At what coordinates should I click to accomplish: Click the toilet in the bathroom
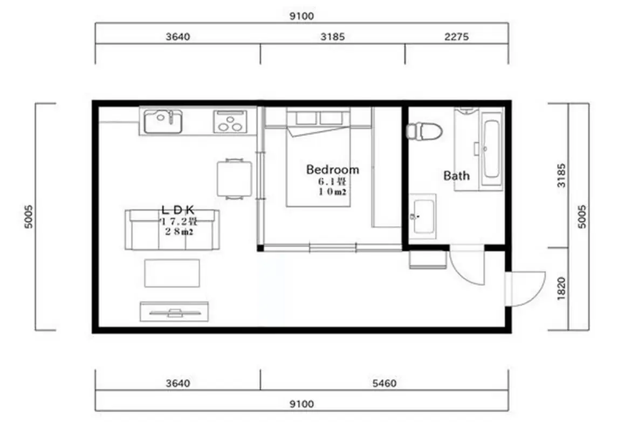424,131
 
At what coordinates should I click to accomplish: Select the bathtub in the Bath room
491,148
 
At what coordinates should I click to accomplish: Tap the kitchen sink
163,121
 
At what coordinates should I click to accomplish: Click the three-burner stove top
230,121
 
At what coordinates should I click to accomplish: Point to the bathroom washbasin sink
422,216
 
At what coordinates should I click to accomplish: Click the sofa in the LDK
172,230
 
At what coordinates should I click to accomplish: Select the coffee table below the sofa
172,273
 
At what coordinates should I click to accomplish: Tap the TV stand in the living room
174,311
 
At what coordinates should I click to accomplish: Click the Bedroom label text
332,169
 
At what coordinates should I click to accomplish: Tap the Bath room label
456,175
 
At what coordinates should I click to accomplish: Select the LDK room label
178,209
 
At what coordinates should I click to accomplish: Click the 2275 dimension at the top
456,37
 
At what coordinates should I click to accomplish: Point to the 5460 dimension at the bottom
384,383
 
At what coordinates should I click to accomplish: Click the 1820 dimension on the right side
561,288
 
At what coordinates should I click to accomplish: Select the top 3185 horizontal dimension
332,37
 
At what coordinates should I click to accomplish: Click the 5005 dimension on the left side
29,217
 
